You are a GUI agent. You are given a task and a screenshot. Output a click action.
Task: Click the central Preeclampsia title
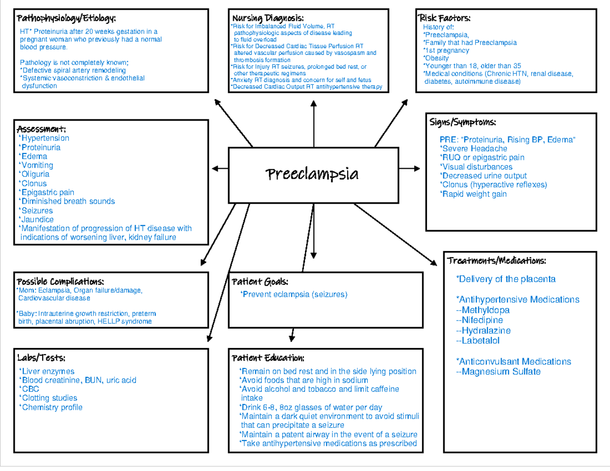point(313,174)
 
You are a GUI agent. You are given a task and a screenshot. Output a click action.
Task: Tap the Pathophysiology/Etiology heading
point(67,19)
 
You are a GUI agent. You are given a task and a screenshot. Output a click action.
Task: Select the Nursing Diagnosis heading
point(268,19)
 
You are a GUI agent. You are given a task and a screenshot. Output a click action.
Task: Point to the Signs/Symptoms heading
point(463,122)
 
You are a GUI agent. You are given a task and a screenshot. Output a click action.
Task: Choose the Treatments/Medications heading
point(497,261)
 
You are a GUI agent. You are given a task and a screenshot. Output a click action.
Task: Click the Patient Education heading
point(268,358)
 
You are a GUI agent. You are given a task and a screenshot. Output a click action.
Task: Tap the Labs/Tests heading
point(41,358)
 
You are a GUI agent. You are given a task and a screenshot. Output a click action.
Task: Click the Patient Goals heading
point(260,281)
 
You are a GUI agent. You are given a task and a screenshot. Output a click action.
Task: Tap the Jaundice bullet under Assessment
point(37,219)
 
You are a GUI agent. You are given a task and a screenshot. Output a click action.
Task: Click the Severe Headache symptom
point(474,148)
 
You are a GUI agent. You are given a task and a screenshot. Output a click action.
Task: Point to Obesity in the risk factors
point(437,58)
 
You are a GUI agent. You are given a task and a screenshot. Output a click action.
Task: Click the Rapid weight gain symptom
point(474,194)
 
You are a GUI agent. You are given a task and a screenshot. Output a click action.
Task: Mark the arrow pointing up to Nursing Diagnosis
point(314,122)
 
